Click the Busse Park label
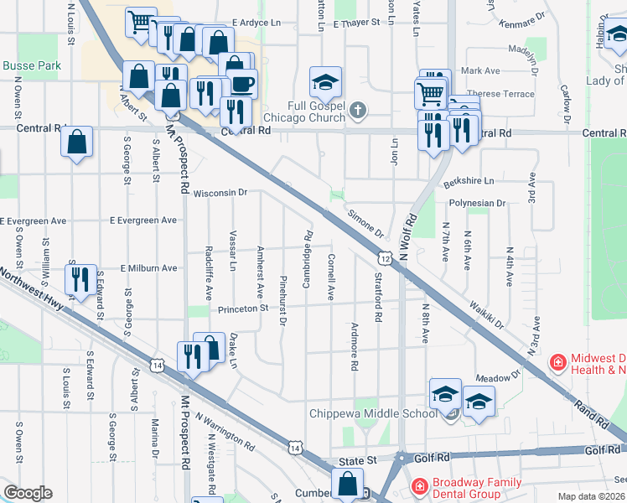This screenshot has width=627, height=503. (x=31, y=66)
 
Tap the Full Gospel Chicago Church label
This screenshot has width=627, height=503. (x=303, y=112)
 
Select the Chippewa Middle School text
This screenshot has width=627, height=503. (x=373, y=413)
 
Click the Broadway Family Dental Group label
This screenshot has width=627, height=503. (x=475, y=488)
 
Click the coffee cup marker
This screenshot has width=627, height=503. (x=242, y=84)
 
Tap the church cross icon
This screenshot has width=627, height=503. (x=358, y=110)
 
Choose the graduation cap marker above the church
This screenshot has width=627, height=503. (x=325, y=82)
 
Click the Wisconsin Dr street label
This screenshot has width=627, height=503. (x=220, y=193)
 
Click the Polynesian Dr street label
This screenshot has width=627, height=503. (x=477, y=204)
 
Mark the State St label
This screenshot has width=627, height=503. (x=358, y=462)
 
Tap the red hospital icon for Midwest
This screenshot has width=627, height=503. (x=557, y=362)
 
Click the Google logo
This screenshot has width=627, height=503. (x=28, y=493)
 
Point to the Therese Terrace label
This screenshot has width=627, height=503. (x=500, y=94)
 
